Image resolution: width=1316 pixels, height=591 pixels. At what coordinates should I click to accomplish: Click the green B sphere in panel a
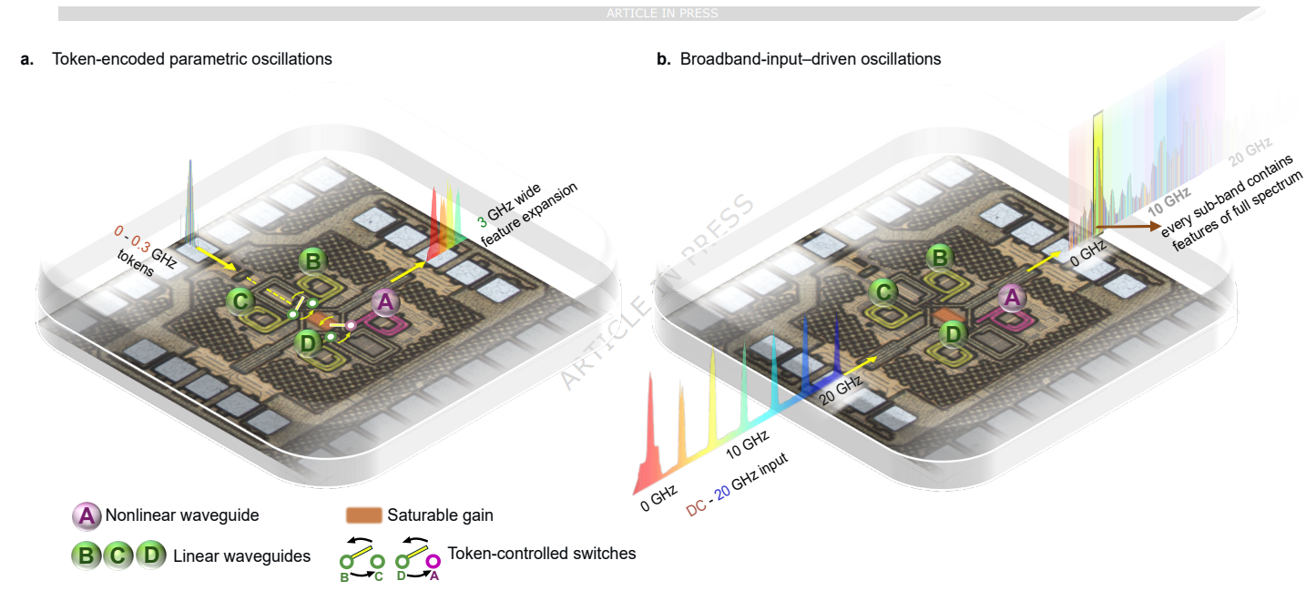click(312, 260)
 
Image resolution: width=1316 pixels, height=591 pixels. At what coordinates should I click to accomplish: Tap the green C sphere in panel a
click(240, 301)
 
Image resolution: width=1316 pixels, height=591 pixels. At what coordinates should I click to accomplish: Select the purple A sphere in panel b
click(1012, 297)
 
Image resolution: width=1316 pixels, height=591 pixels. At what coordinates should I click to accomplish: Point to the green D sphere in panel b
click(953, 334)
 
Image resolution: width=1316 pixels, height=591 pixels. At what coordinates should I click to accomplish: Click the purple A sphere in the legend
click(87, 515)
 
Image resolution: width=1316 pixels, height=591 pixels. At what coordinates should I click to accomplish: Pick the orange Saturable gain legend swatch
click(363, 515)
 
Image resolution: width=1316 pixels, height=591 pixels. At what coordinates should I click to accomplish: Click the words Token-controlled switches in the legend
click(542, 554)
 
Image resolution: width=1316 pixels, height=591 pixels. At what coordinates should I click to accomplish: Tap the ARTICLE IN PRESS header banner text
click(662, 13)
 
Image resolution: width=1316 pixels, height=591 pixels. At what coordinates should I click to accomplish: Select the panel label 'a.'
click(26, 59)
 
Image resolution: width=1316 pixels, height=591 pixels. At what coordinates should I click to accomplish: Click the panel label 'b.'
click(664, 59)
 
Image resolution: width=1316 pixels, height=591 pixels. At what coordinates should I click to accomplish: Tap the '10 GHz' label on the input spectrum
click(748, 444)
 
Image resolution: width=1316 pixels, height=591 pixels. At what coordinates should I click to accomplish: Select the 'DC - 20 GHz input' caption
click(737, 485)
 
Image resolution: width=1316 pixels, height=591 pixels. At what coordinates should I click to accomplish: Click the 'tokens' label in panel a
click(136, 262)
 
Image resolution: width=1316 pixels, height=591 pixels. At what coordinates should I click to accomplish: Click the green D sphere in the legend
click(151, 555)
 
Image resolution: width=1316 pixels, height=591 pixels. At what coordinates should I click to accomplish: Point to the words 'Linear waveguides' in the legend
click(241, 556)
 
